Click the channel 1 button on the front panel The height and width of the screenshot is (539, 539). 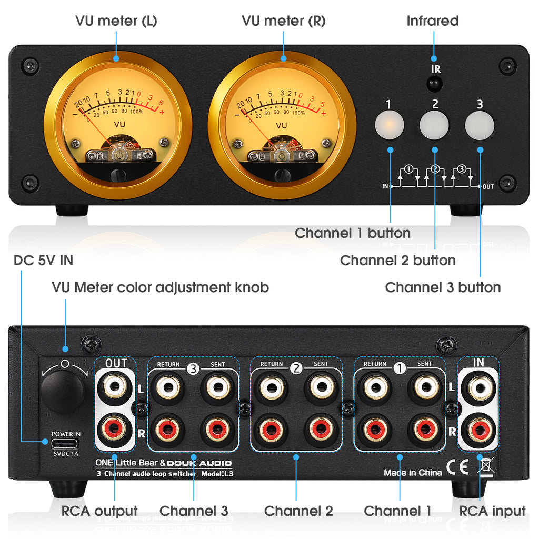click(x=389, y=125)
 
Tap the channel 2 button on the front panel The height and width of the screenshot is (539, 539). click(x=434, y=125)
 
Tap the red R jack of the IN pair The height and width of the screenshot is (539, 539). click(x=477, y=429)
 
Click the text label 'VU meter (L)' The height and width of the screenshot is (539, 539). click(x=116, y=21)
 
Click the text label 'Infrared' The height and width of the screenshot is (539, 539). click(x=433, y=21)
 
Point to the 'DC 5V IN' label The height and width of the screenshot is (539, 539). click(x=43, y=260)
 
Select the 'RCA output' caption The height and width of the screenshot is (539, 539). click(x=99, y=511)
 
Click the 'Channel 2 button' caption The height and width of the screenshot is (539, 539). click(x=397, y=260)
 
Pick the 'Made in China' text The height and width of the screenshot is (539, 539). click(x=413, y=473)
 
